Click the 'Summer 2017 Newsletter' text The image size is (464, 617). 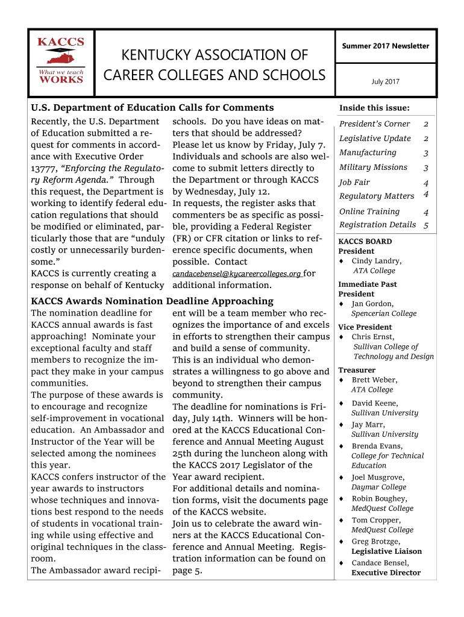[386, 46]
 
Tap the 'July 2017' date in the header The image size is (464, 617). [386, 82]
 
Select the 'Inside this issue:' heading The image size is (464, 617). [374, 108]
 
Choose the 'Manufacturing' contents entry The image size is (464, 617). [368, 153]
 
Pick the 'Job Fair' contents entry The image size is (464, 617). [354, 183]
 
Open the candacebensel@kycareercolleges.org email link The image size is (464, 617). [237, 274]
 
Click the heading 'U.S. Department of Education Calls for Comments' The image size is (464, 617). [152, 108]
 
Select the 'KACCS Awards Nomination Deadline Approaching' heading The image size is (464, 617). [152, 301]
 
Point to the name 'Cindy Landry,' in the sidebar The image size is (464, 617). [377, 262]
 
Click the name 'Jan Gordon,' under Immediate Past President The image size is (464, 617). [372, 304]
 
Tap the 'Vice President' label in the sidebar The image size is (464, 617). [365, 327]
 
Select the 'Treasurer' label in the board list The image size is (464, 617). [357, 370]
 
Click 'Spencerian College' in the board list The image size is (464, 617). [384, 314]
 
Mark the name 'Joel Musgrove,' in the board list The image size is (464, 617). [378, 478]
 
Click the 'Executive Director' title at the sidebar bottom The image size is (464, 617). [386, 573]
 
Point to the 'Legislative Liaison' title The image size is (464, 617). [386, 551]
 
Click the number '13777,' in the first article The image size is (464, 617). [44, 169]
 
